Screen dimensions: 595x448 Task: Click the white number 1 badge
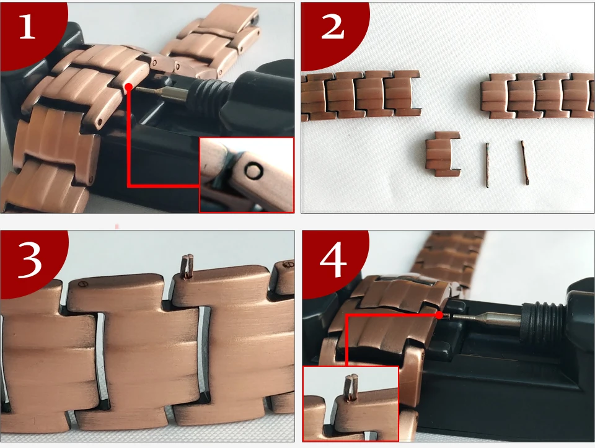[27, 27]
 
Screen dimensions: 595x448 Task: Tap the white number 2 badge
[332, 27]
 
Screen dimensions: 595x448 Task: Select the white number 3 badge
[30, 260]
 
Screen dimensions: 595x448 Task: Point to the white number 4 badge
[333, 260]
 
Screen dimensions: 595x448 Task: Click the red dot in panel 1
[129, 87]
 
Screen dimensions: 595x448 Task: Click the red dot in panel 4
[439, 315]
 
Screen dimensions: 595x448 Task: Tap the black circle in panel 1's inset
[252, 170]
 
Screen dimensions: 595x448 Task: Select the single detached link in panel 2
[443, 154]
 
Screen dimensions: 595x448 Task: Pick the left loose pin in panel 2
[487, 165]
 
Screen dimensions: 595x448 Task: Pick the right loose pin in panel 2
[525, 163]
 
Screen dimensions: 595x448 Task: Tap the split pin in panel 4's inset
[351, 388]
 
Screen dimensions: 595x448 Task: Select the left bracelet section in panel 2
[361, 95]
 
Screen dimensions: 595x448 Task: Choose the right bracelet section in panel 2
[537, 95]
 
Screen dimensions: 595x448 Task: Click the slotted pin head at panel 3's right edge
[288, 263]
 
